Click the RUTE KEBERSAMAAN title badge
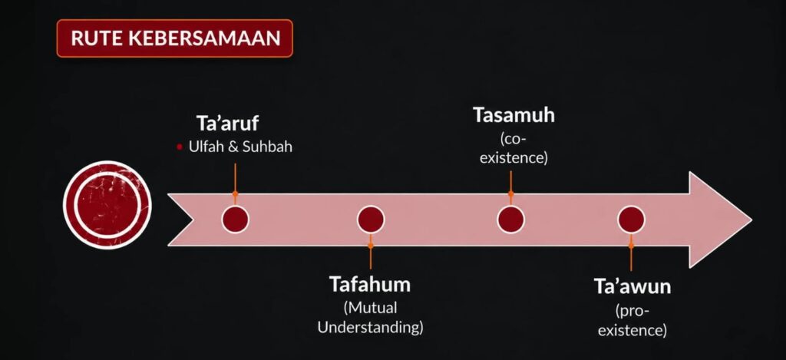coord(174,38)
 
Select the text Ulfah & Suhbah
coord(240,147)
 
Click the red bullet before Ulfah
coord(180,147)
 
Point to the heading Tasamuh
coord(514,115)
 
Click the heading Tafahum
coord(370,284)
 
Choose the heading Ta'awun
coord(632,287)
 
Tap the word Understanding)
coord(371,328)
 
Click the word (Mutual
coord(370,307)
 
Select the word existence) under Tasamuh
coord(514,158)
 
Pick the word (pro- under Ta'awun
coord(632,312)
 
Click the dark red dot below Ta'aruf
coord(235,220)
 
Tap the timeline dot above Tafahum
coord(371,220)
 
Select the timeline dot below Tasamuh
coord(510,220)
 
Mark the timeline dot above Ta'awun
coord(631,220)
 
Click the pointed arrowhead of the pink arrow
coord(751,220)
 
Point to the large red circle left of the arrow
coord(107,205)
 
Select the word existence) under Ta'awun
coord(632,331)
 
